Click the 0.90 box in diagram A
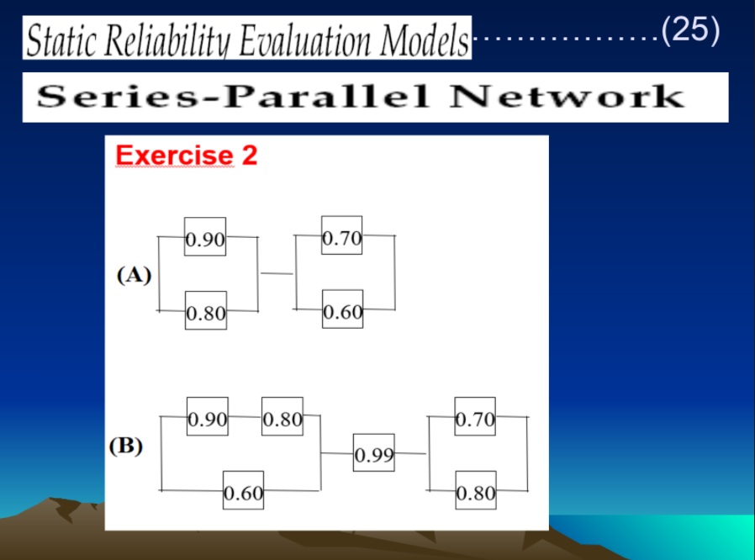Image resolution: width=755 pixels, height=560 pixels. pos(205,237)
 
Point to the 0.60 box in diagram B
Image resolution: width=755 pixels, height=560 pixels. pos(243,490)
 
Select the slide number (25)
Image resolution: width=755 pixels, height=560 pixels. pos(690,30)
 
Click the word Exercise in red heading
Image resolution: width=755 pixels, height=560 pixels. pos(173,156)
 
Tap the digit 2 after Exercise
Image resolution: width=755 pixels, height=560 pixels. pos(250,156)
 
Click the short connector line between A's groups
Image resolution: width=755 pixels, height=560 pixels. pos(277,273)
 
